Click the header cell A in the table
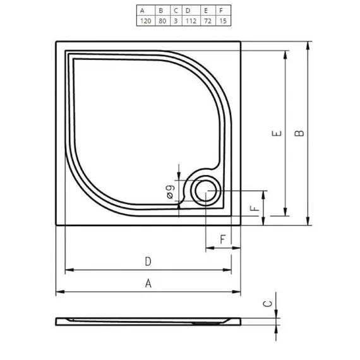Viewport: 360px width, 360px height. click(x=145, y=10)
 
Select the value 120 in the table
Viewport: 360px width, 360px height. click(x=145, y=20)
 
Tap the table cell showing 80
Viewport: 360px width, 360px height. click(x=162, y=20)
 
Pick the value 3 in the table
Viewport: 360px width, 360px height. click(x=176, y=20)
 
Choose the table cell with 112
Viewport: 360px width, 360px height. click(x=189, y=20)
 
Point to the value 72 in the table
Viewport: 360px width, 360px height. click(x=206, y=20)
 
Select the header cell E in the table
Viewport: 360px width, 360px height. click(x=206, y=10)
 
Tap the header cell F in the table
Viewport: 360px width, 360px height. click(x=220, y=10)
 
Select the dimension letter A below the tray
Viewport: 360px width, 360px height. click(x=148, y=283)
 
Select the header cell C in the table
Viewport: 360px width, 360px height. click(x=176, y=10)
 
